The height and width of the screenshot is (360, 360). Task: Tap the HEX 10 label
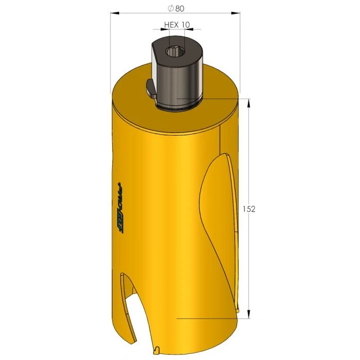(177, 24)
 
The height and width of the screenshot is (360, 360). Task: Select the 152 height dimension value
(249, 209)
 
